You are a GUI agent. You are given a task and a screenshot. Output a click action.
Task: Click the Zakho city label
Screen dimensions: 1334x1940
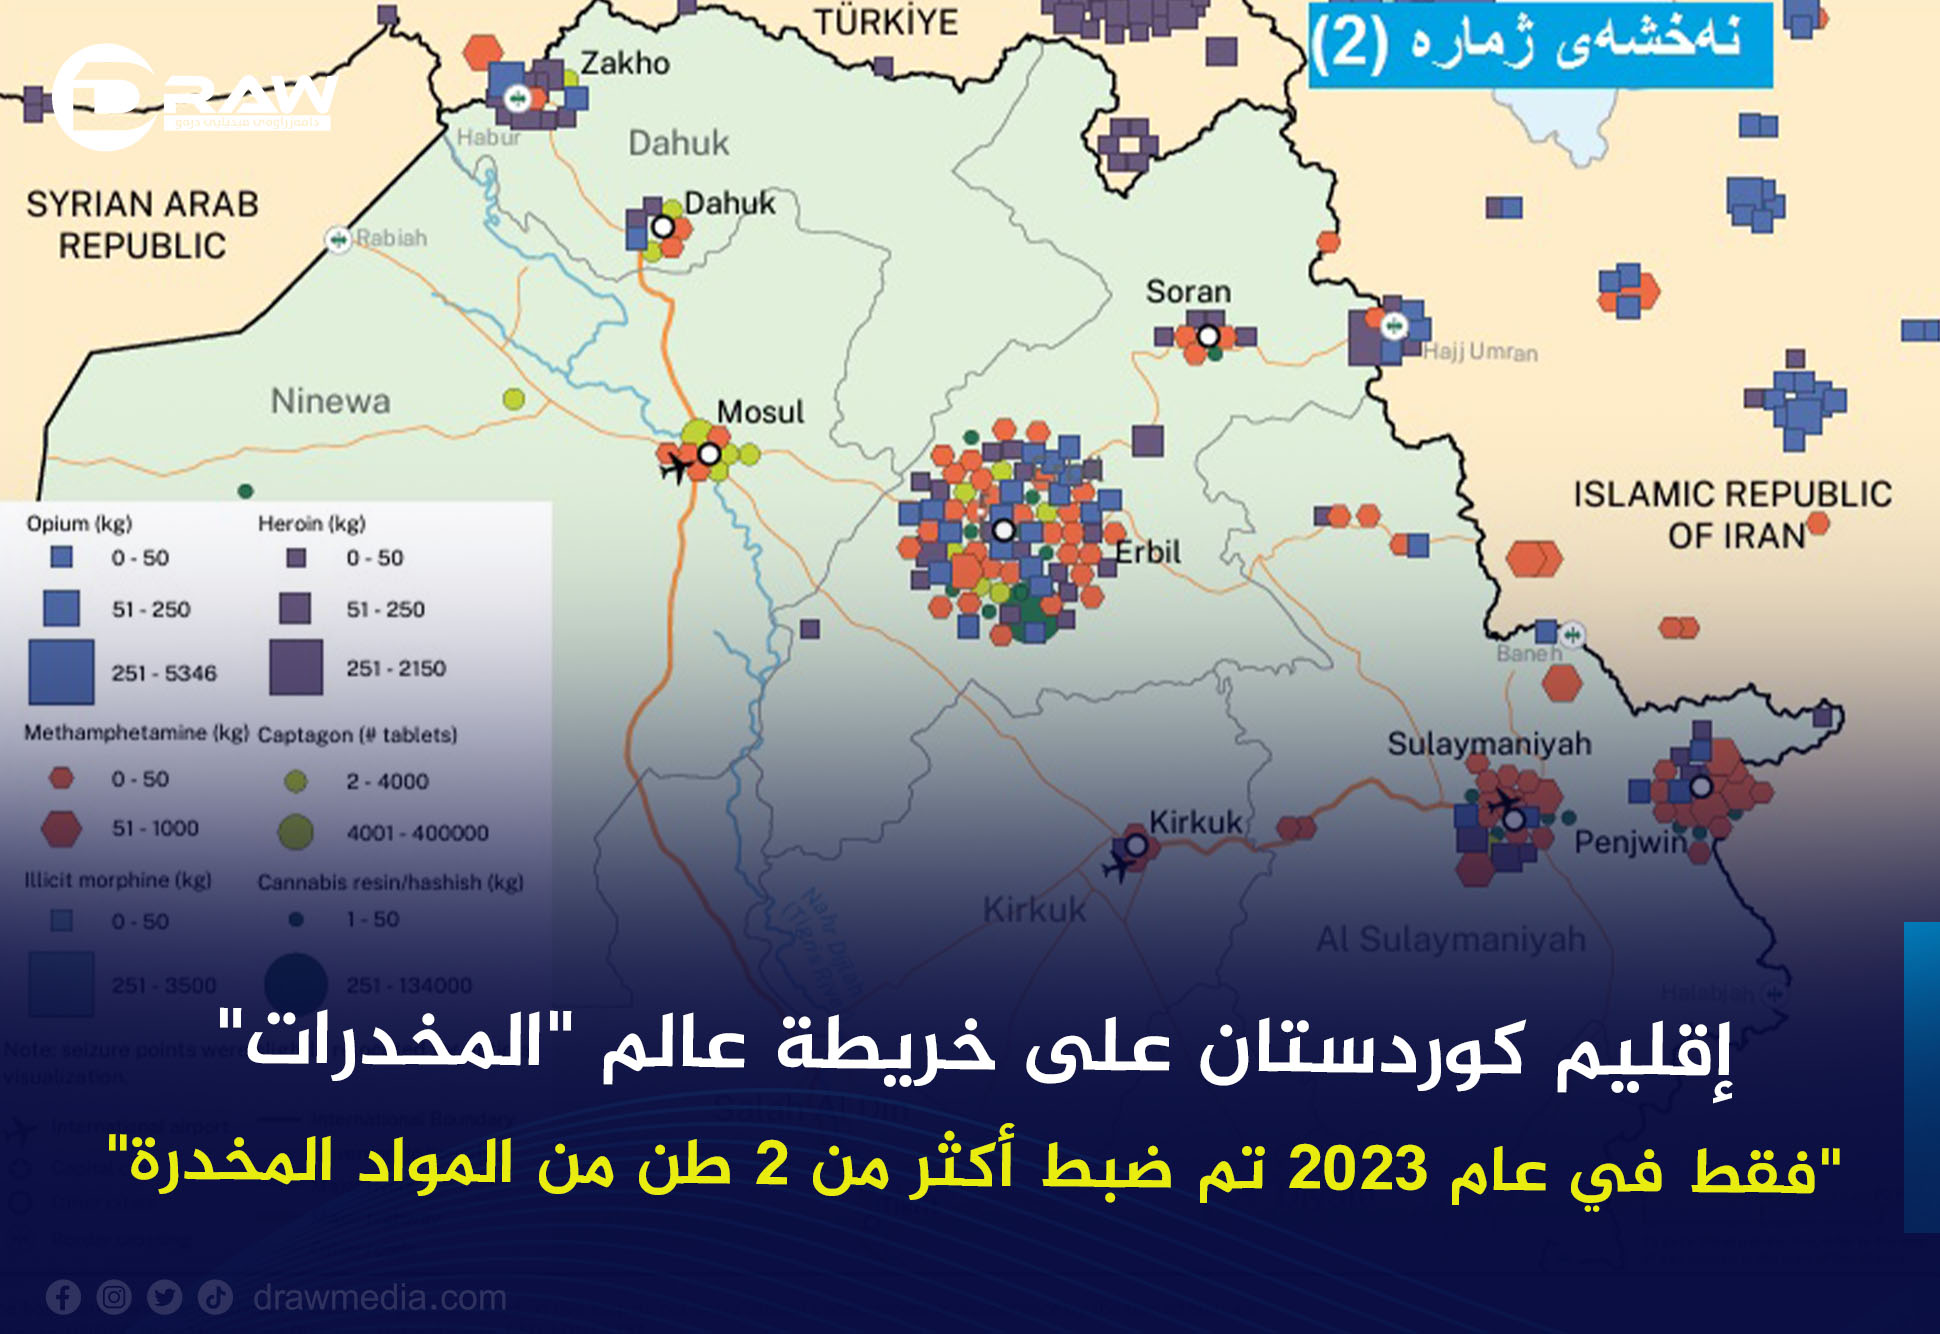pyautogui.click(x=625, y=64)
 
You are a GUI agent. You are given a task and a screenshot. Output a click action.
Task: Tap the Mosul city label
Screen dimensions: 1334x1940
pyautogui.click(x=760, y=412)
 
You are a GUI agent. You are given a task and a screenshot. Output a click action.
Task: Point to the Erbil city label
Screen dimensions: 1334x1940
pyautogui.click(x=1148, y=552)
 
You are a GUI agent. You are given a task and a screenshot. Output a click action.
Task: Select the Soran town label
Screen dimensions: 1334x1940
pyautogui.click(x=1188, y=292)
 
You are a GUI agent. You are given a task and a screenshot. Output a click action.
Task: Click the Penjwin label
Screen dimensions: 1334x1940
pyautogui.click(x=1631, y=843)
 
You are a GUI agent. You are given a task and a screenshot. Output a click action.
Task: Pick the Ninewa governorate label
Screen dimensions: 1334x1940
pyautogui.click(x=330, y=402)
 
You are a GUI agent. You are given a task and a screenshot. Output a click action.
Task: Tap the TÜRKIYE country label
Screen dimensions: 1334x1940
pyautogui.click(x=886, y=22)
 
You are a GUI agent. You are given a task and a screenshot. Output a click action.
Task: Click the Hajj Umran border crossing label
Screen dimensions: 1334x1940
pyautogui.click(x=1480, y=352)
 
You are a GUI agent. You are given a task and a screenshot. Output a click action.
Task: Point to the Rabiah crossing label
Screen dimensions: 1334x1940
pyautogui.click(x=391, y=238)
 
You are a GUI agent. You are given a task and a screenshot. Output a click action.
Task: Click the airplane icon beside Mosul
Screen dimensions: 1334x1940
pyautogui.click(x=677, y=466)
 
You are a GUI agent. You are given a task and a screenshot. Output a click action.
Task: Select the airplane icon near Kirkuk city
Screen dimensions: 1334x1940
pyautogui.click(x=1118, y=866)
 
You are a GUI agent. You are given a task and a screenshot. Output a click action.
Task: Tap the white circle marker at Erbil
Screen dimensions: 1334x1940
pyautogui.click(x=1004, y=530)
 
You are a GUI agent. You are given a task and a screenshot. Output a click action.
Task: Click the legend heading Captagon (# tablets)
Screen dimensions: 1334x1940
pyautogui.click(x=357, y=735)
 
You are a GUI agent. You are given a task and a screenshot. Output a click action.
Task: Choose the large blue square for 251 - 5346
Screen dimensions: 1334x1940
pyautogui.click(x=61, y=672)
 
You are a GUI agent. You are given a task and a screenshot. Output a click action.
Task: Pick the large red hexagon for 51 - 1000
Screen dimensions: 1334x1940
pyautogui.click(x=61, y=829)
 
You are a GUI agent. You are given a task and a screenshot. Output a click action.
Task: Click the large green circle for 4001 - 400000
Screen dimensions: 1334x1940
pyautogui.click(x=296, y=832)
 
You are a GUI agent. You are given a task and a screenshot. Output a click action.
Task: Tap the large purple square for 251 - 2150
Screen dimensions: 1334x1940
pyautogui.click(x=296, y=667)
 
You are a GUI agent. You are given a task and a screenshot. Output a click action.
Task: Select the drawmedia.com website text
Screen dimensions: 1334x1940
pyautogui.click(x=380, y=1298)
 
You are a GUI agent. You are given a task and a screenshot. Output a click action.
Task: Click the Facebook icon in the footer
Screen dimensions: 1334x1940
pyautogui.click(x=63, y=1298)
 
